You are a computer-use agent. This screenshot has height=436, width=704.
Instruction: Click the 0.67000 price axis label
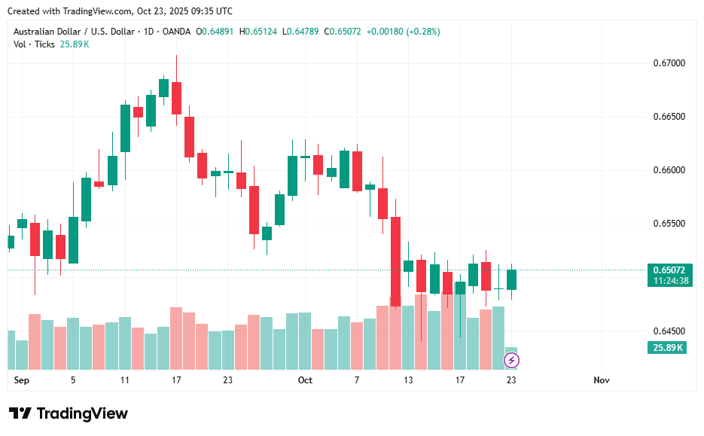669,63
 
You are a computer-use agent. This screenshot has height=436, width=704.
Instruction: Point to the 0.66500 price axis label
669,117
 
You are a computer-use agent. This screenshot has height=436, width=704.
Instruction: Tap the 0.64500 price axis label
669,331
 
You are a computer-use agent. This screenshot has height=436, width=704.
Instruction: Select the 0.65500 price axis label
669,224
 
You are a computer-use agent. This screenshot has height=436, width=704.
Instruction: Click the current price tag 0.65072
669,270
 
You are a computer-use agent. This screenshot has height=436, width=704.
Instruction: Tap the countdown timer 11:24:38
669,280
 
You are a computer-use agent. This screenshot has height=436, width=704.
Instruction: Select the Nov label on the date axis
601,380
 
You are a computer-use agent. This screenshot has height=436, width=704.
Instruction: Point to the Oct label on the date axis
305,380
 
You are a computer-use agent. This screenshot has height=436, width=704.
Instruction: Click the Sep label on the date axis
21,380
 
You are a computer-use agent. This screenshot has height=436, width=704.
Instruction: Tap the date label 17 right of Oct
459,380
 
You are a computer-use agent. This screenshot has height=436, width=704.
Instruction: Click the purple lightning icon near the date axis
511,361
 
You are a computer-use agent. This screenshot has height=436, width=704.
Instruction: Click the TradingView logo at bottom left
69,413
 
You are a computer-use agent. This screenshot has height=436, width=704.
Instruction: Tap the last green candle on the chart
511,279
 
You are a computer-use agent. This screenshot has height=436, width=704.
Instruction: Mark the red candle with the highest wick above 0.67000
176,98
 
